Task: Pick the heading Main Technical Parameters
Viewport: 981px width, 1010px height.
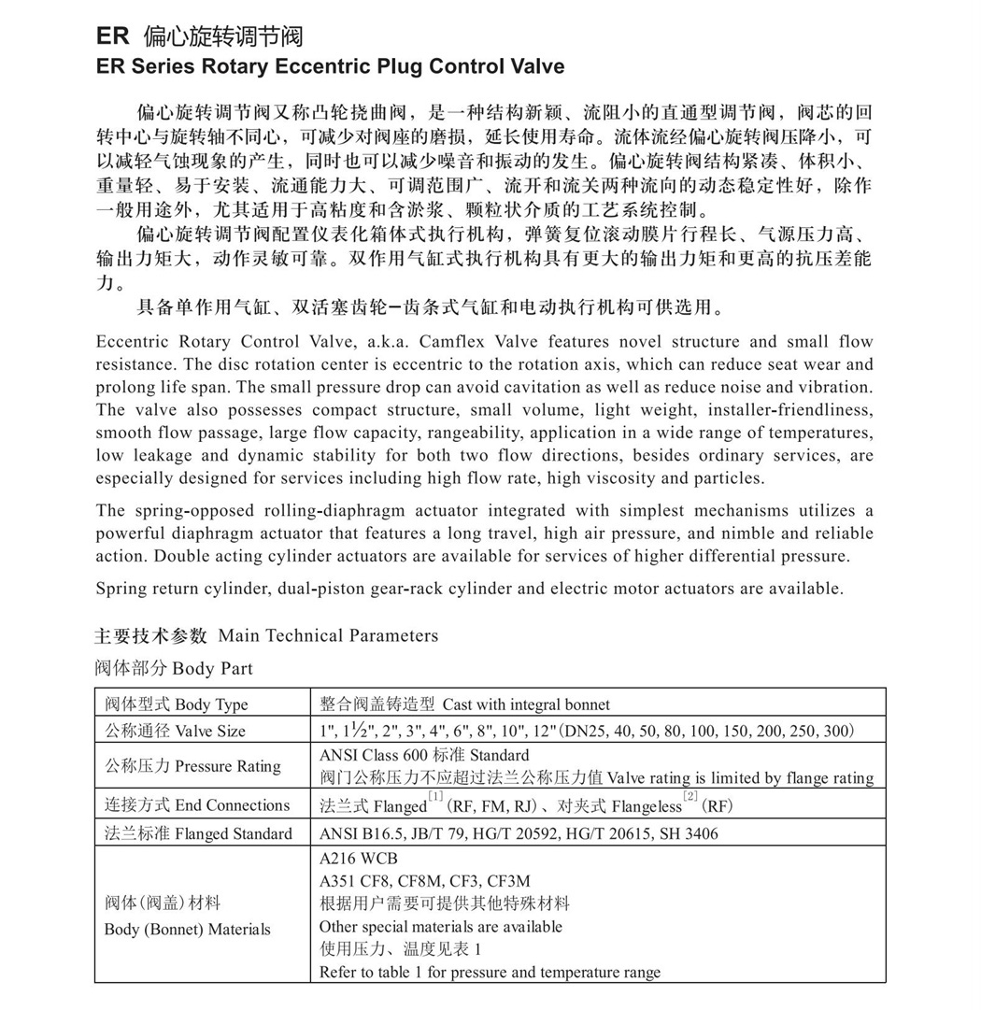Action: (328, 636)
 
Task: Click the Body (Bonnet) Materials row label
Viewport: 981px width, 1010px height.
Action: (187, 929)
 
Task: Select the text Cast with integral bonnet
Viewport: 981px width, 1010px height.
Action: (526, 704)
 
